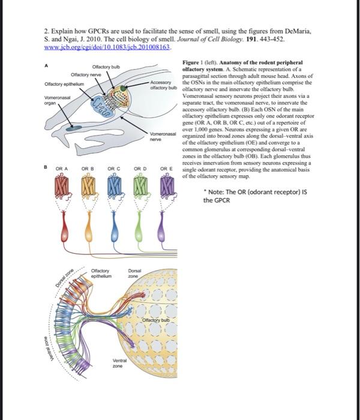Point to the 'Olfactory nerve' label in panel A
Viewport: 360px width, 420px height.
[85, 74]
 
